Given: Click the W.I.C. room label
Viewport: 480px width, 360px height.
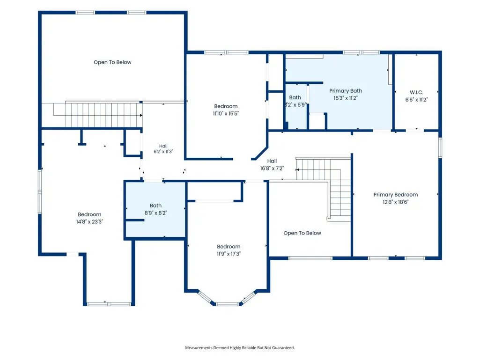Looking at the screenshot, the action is [416, 92].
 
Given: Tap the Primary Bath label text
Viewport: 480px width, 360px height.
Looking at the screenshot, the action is [346, 91].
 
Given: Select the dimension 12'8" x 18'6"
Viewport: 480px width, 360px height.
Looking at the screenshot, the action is [396, 202].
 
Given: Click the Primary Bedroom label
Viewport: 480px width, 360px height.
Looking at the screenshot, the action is [396, 195].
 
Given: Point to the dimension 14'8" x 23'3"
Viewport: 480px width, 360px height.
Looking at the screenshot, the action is [89, 221].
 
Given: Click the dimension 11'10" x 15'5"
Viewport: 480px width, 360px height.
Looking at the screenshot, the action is [226, 113].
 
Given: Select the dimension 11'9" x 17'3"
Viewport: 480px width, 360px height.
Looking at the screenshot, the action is [229, 254].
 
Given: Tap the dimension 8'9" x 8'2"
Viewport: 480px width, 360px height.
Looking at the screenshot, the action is [155, 213].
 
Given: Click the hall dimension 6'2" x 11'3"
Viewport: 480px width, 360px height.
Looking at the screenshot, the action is [163, 151].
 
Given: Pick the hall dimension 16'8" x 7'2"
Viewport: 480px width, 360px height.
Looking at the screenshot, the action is [272, 168].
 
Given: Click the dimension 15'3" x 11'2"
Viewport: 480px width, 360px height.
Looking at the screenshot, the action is [346, 98].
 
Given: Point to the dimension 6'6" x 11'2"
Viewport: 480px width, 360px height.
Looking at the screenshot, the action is [416, 100].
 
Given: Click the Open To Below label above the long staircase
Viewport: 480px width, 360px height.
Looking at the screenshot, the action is [112, 62].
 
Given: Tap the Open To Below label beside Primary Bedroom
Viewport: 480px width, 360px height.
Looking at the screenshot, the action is [302, 233].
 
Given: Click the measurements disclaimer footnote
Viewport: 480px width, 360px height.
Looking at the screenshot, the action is [240, 347].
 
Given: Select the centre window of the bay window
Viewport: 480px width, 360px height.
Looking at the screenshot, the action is [227, 304].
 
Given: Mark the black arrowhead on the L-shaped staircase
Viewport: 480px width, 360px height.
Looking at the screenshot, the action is [297, 169].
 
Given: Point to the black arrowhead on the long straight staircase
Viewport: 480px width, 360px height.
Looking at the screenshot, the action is [141, 116].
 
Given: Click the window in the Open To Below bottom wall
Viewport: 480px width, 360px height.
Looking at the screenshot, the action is [310, 258].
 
